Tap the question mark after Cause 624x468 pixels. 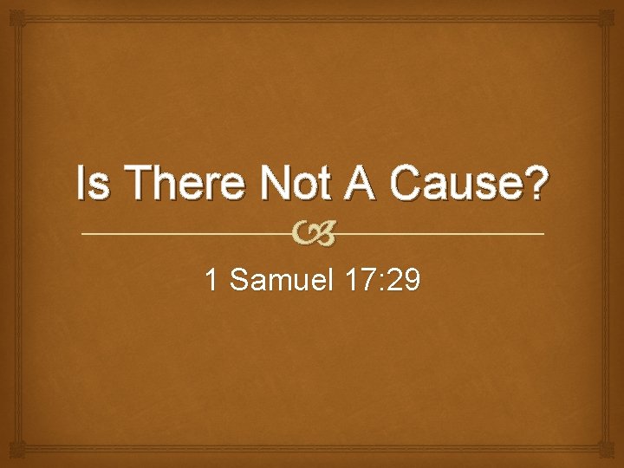(x=536, y=184)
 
